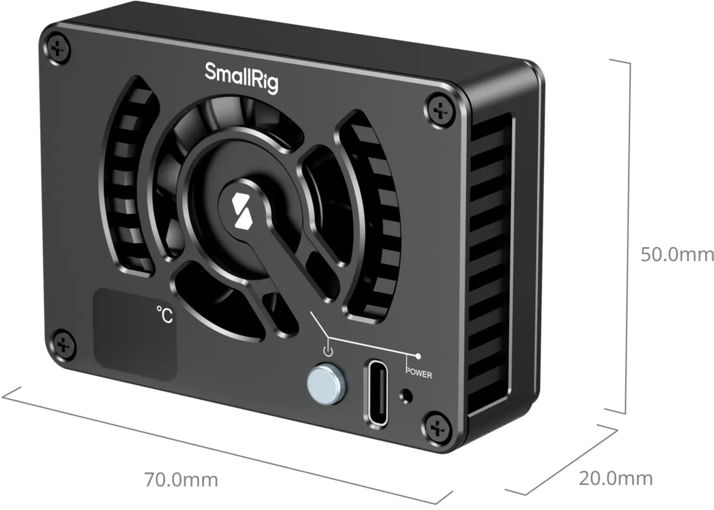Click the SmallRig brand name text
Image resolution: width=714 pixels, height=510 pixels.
click(x=241, y=78)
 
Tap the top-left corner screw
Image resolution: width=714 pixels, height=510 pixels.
click(x=58, y=50)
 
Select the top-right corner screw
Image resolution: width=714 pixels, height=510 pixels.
click(x=440, y=110)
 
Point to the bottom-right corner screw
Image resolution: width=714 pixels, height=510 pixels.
click(x=437, y=429)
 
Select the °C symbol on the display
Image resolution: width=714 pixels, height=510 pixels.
click(x=165, y=315)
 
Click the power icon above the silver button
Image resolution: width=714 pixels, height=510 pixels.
click(x=328, y=351)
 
